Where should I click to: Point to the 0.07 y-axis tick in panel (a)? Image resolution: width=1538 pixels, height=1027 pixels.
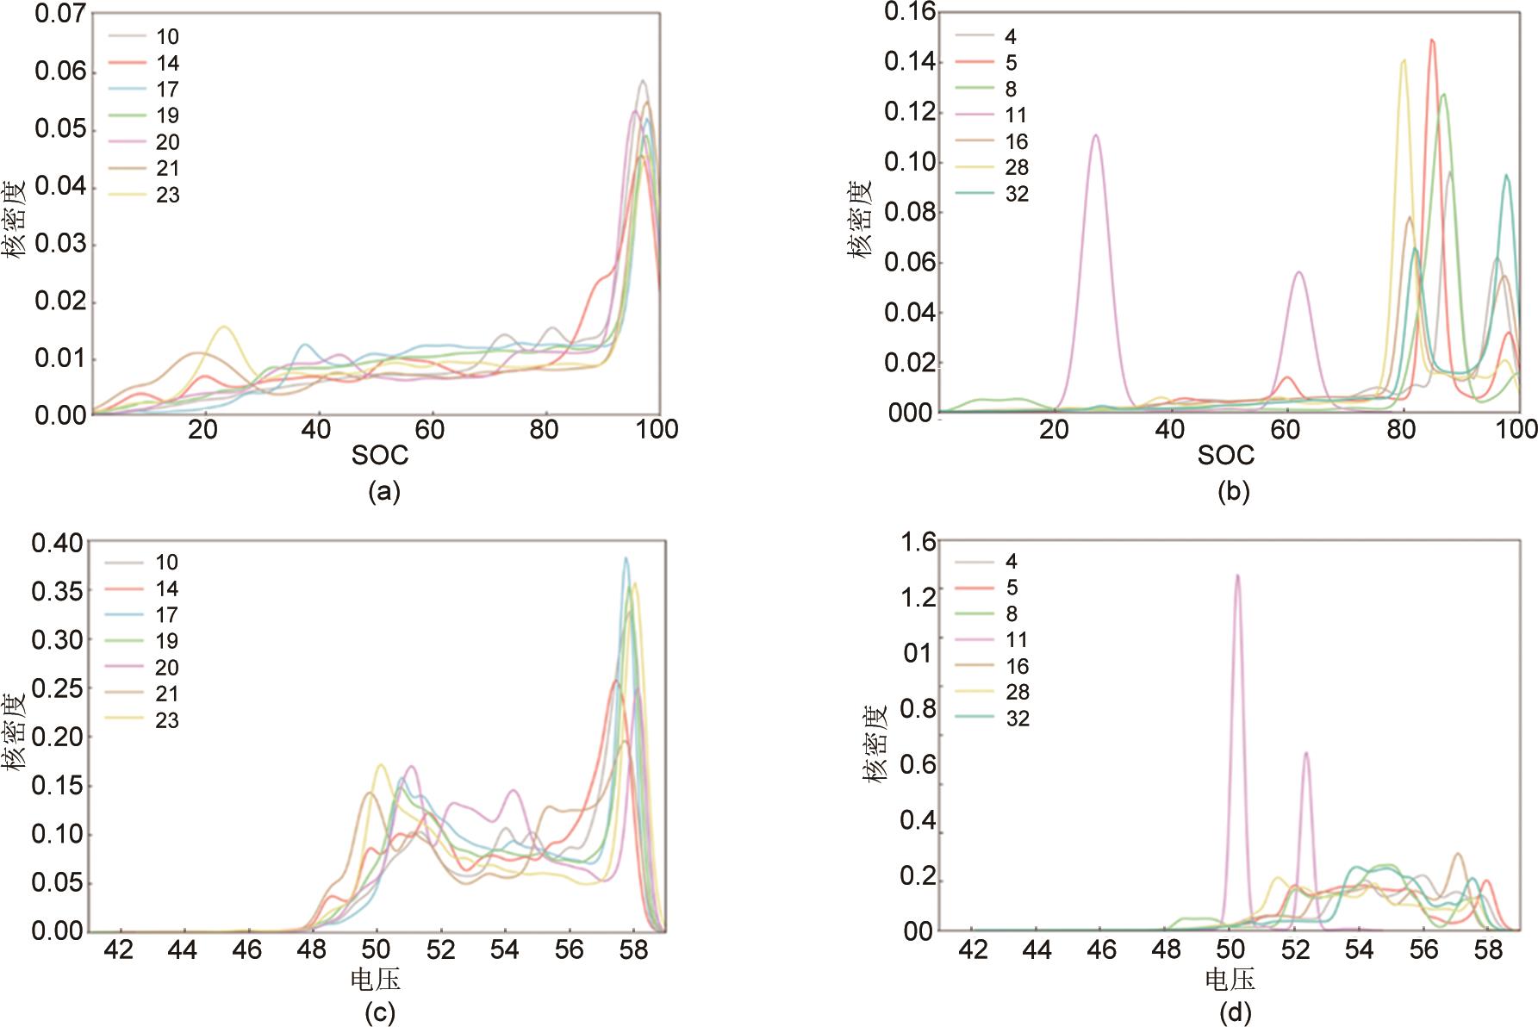(x=60, y=14)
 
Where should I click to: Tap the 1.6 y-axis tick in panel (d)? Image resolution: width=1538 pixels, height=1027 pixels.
(x=918, y=542)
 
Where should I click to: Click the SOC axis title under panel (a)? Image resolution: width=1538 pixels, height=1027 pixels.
(x=379, y=456)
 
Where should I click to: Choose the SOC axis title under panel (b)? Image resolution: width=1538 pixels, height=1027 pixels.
(x=1226, y=456)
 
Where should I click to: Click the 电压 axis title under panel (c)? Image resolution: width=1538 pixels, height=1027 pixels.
(x=376, y=980)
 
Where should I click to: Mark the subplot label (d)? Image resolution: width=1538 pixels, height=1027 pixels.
(x=1235, y=1011)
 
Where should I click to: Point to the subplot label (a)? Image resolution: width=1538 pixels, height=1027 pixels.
(x=383, y=492)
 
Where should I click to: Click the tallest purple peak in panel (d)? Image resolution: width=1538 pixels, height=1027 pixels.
(x=1237, y=576)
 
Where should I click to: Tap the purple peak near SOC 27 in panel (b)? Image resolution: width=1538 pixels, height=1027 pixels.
(x=1095, y=135)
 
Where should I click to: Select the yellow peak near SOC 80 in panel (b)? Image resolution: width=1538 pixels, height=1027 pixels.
(x=1404, y=60)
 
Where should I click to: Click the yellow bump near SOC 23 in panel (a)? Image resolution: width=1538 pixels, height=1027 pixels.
(x=224, y=327)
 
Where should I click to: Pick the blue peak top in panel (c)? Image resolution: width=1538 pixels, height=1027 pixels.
(x=626, y=558)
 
